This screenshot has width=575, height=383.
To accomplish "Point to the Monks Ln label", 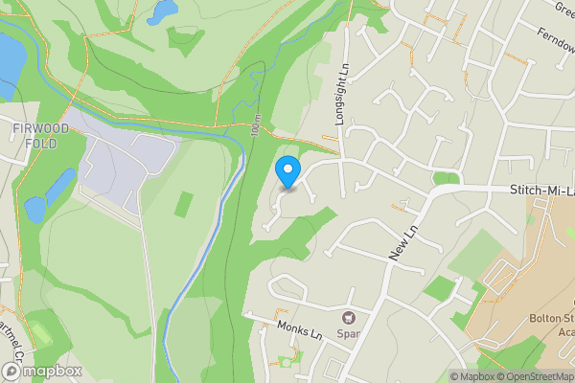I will (x=298, y=330).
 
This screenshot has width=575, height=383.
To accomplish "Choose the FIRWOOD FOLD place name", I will (x=35, y=135).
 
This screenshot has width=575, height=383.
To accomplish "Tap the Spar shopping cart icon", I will (x=349, y=317).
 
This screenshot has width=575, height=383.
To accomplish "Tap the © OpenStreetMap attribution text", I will (x=531, y=376).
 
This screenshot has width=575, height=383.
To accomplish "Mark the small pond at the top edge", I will (x=163, y=11).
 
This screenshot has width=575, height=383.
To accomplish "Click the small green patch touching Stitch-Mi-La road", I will (x=446, y=178).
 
